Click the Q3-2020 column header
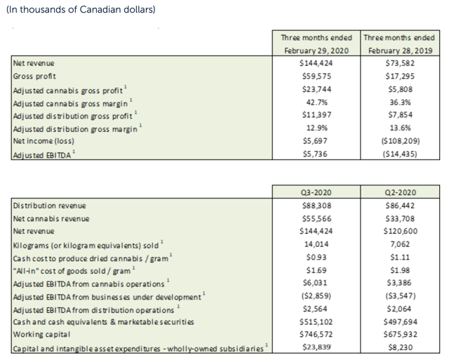click(315, 192)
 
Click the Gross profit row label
click(35, 76)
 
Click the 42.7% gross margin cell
click(315, 102)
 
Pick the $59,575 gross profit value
click(315, 76)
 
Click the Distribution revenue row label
click(49, 206)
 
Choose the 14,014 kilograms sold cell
click(315, 245)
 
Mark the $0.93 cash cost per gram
click(315, 258)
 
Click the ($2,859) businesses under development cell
click(315, 297)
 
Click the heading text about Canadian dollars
click(81, 10)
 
